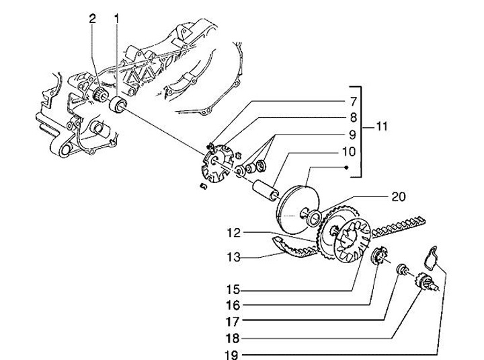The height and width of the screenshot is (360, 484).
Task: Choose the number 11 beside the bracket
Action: click(381, 127)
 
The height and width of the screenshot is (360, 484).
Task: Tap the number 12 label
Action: click(233, 233)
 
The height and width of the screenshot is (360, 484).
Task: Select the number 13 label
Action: click(233, 256)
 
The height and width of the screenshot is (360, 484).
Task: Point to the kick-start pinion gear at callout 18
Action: click(426, 279)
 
